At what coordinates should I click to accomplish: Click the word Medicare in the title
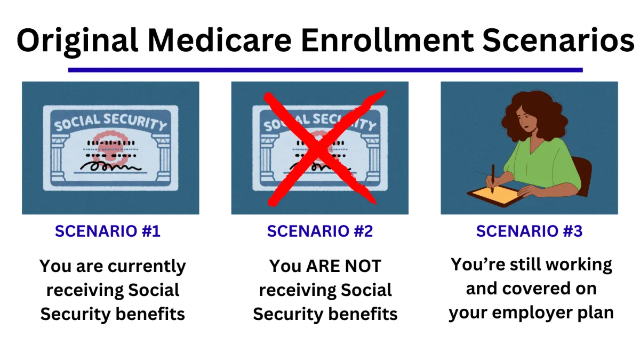(219, 40)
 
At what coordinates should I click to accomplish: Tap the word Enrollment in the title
(387, 40)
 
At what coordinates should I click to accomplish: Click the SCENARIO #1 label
(108, 231)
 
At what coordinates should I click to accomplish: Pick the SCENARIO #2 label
(320, 231)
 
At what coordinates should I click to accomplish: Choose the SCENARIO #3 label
(529, 231)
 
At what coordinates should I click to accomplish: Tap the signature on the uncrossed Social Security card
(110, 166)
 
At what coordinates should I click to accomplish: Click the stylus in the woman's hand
(493, 179)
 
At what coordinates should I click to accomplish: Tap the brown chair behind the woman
(582, 175)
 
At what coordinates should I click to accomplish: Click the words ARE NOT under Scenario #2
(343, 266)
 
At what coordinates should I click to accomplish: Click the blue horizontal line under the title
(325, 70)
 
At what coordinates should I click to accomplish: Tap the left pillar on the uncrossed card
(59, 158)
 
